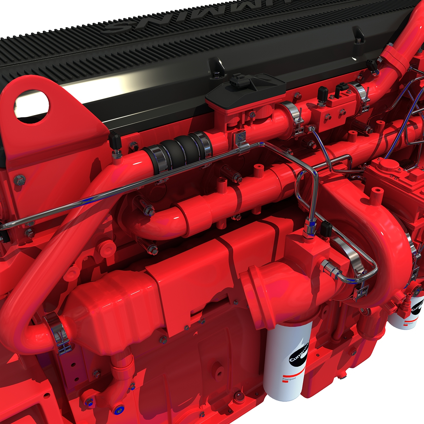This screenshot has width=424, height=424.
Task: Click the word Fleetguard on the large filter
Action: [x=289, y=379]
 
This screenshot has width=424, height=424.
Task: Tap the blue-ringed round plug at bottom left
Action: [x=118, y=409]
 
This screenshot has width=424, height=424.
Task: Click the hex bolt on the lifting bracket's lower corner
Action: [x=19, y=180]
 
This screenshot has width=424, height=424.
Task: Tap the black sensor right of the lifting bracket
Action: [x=115, y=141]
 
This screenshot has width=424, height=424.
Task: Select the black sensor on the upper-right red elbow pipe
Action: [x=372, y=65]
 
